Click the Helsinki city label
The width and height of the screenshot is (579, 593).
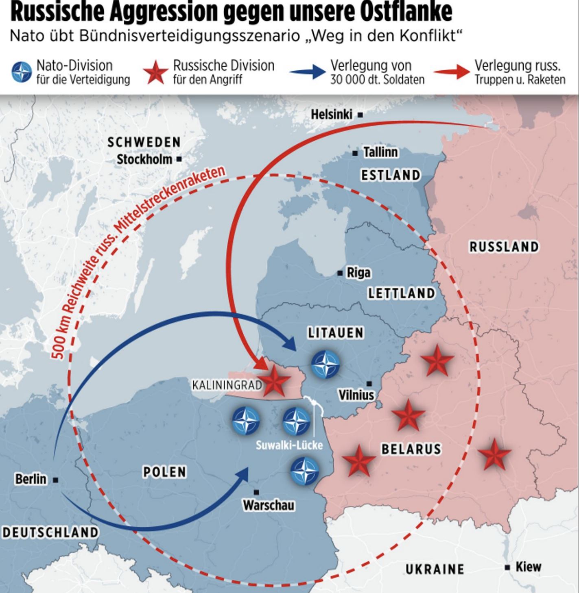[331, 115]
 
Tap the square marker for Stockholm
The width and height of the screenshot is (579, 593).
[179, 159]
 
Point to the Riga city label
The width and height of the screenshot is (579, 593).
[358, 272]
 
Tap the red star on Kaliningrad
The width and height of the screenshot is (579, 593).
[275, 382]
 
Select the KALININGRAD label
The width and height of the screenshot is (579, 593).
[227, 384]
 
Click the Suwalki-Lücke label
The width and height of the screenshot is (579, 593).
[289, 445]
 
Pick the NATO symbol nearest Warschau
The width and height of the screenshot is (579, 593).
[304, 471]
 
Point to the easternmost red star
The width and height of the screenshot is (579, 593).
[494, 454]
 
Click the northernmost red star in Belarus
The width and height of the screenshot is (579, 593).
[437, 361]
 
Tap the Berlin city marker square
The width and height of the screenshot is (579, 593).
[56, 480]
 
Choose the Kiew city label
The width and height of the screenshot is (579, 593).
[528, 567]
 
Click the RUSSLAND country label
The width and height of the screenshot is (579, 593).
[504, 247]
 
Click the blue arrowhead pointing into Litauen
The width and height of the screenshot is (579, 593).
[288, 343]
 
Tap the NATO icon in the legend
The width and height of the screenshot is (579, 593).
[22, 72]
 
